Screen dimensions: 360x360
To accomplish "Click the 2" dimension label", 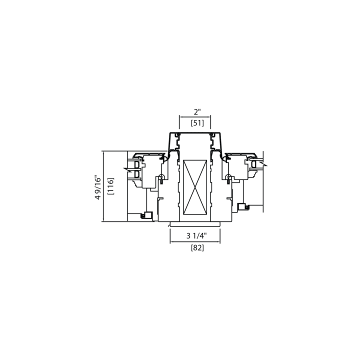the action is (x=197, y=112).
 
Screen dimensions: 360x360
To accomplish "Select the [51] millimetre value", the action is (x=197, y=123).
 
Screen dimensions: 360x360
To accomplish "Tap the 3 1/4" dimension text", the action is (x=196, y=236).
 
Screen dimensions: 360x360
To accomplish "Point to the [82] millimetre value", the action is (x=197, y=247).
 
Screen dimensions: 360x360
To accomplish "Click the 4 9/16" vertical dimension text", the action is (x=98, y=187).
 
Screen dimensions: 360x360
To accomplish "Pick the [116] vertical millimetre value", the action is (x=110, y=186).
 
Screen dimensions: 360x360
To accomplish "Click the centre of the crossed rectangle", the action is (x=195, y=187).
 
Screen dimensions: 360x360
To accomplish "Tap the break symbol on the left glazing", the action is (x=127, y=170).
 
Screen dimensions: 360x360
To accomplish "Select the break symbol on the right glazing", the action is (x=263, y=164).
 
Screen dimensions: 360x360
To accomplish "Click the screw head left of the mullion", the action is (x=161, y=177).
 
